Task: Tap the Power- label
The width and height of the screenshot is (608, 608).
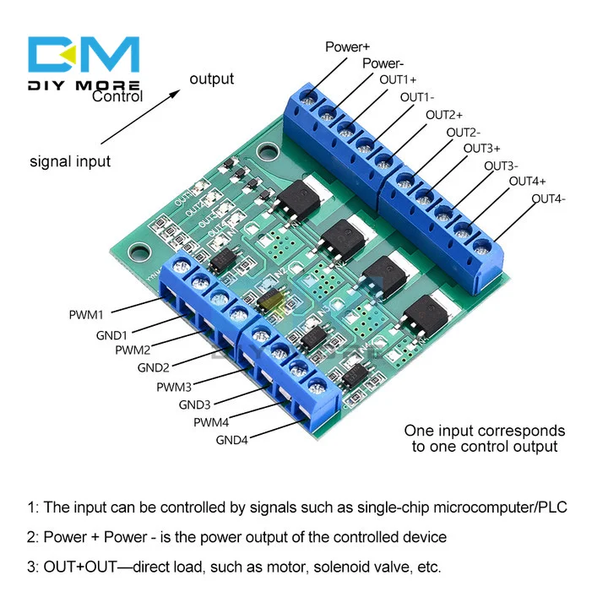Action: tap(383, 63)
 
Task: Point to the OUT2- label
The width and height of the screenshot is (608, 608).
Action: tap(463, 132)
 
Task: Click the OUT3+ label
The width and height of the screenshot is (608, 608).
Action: tap(481, 149)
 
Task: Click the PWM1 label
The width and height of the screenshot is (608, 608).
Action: tap(86, 315)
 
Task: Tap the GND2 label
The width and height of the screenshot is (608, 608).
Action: tap(154, 367)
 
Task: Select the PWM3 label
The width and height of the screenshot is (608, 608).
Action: tap(174, 387)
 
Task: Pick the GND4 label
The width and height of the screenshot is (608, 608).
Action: tap(232, 439)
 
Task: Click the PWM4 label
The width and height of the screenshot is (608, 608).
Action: tap(211, 422)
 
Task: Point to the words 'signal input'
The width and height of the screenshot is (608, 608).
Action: tap(70, 160)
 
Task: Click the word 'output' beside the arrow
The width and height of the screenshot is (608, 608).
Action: tap(211, 79)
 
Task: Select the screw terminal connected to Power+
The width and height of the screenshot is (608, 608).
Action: tap(310, 100)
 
